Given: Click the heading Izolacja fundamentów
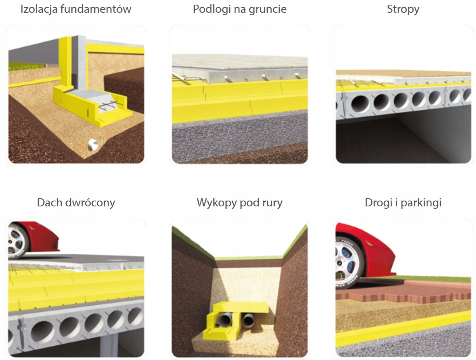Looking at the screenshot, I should tap(76, 9).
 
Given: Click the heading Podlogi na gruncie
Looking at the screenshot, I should tap(239, 9).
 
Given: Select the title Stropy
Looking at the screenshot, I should tap(403, 9).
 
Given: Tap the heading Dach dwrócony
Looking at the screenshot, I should tap(76, 202).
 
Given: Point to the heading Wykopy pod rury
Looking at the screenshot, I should tap(239, 202).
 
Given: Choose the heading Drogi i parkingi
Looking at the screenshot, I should tap(403, 202).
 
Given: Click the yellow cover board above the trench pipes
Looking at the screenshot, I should tap(242, 307).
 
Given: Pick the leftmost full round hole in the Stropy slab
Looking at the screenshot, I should tap(360, 104).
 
